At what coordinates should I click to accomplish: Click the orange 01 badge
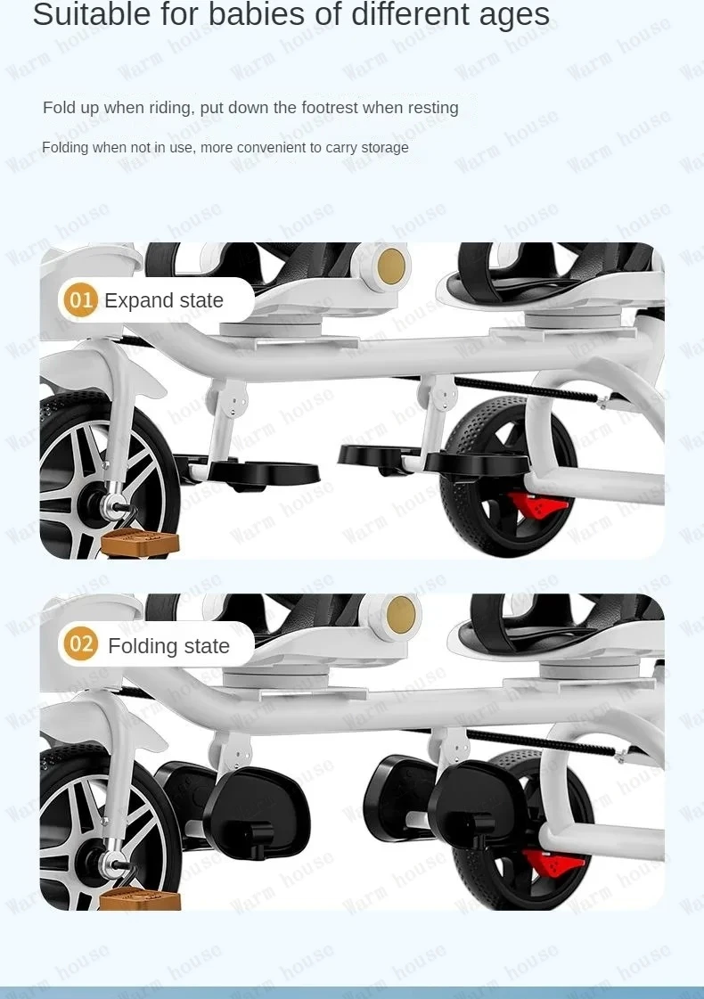[x=80, y=299]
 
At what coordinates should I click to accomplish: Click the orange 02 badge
[x=80, y=644]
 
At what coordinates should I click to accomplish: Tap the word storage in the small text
[x=385, y=148]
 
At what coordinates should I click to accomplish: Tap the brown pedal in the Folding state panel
[x=140, y=898]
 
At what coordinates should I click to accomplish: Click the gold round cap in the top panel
[x=390, y=266]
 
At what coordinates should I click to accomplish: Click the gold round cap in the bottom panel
[x=401, y=615]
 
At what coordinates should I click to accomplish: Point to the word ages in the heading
[x=514, y=14]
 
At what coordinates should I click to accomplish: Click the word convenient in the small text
[x=267, y=148]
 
